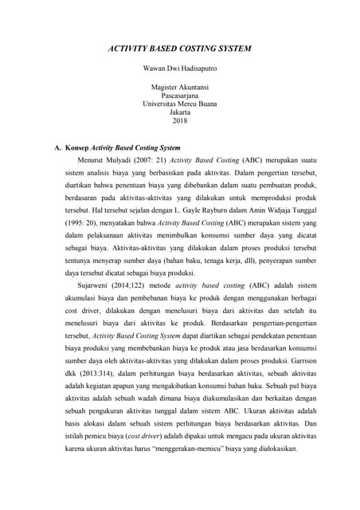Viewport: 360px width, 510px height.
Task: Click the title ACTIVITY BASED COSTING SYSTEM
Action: click(x=179, y=49)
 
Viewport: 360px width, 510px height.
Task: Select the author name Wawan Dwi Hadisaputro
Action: click(x=179, y=69)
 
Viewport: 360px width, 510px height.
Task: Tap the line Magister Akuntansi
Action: click(x=179, y=86)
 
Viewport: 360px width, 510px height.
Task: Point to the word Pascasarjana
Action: click(x=179, y=95)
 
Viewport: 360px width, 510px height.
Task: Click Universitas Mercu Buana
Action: click(x=179, y=104)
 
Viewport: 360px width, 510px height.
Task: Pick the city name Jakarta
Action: click(x=179, y=112)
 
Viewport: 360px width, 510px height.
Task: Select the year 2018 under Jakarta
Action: click(x=179, y=121)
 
